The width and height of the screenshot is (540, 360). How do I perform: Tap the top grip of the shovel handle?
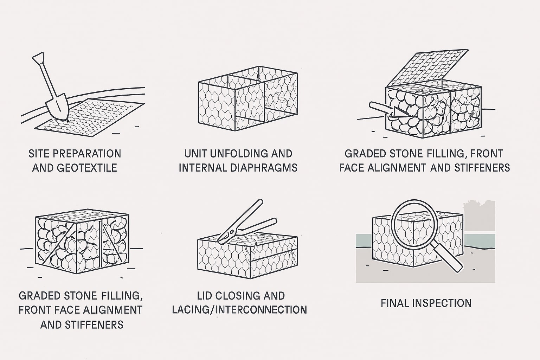(38, 58)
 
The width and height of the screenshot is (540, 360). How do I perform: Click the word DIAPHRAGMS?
(264, 168)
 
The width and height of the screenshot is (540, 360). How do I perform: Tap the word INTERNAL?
(203, 168)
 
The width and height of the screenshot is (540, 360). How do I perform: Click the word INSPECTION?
(442, 303)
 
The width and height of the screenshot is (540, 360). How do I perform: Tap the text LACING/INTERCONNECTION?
(239, 310)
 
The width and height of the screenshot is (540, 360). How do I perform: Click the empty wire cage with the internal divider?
(248, 98)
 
